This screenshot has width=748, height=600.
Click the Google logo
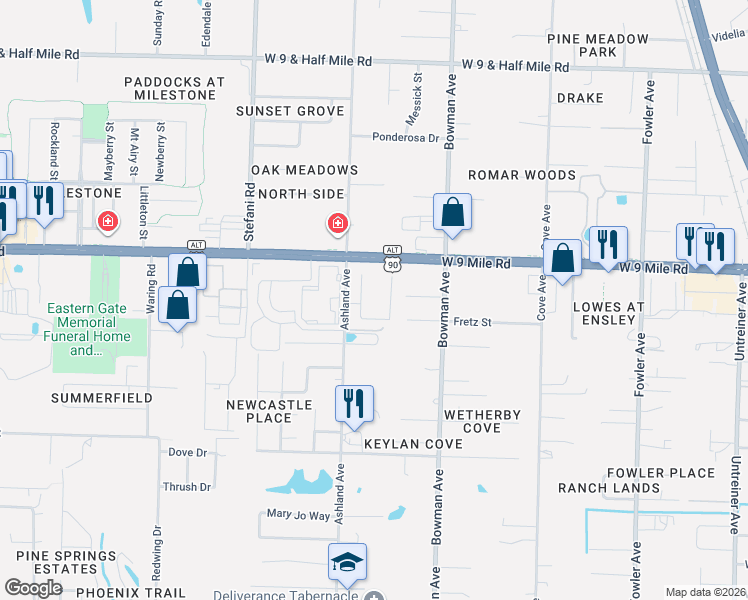(x=34, y=588)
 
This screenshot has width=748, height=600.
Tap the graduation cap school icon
(x=347, y=562)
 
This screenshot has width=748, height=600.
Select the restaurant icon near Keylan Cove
(x=353, y=404)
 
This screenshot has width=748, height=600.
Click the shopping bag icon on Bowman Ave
(x=452, y=212)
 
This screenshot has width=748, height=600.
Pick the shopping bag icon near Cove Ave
(x=564, y=258)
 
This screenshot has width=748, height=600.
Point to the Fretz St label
(x=473, y=322)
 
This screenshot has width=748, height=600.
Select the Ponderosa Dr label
(x=406, y=138)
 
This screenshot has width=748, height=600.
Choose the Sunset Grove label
(x=290, y=111)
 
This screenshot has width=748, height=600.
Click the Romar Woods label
(x=522, y=175)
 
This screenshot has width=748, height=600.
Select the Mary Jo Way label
(x=298, y=515)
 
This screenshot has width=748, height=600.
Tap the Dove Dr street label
(x=187, y=453)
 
